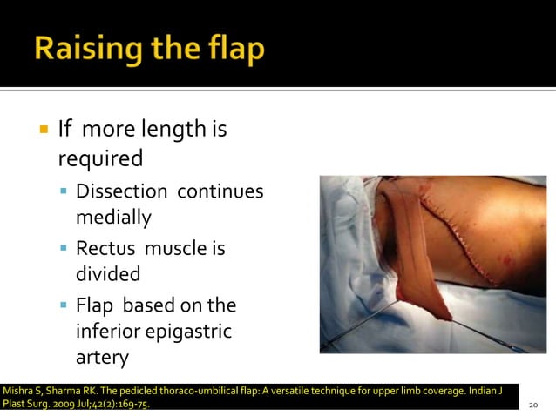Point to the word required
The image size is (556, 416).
pyautogui.click(x=100, y=160)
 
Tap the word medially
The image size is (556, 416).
pyautogui.click(x=113, y=218)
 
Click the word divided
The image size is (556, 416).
pyautogui.click(x=108, y=275)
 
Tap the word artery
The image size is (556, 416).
pyautogui.click(x=102, y=358)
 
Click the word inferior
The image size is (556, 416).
pyautogui.click(x=108, y=331)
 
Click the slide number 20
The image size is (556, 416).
pyautogui.click(x=533, y=405)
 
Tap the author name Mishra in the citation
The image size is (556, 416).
pyautogui.click(x=18, y=389)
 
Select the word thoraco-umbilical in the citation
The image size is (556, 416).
pyautogui.click(x=191, y=389)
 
